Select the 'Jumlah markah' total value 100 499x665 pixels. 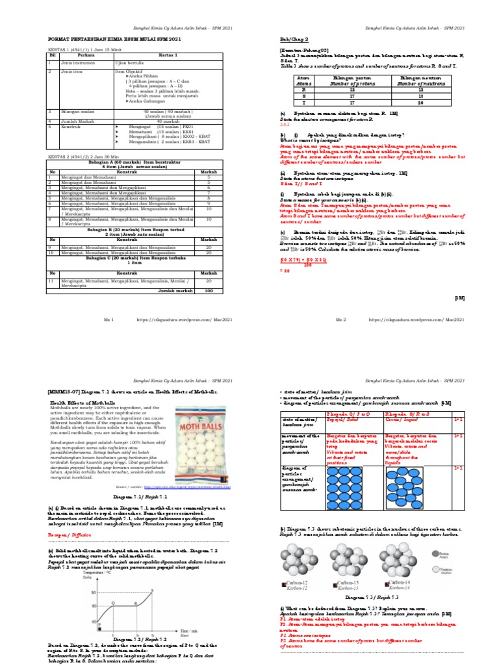(x=208, y=291)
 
